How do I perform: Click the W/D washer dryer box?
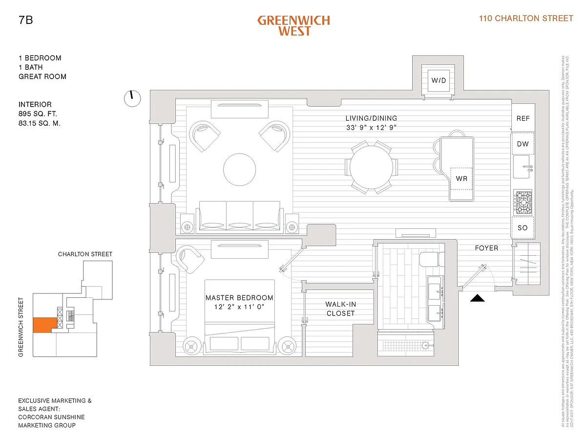click(438, 80)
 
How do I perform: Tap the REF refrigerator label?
click(523, 118)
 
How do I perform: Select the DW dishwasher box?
click(523, 144)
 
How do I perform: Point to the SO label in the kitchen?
click(523, 228)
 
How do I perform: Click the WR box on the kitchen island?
click(461, 178)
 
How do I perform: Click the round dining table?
click(371, 168)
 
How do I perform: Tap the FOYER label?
click(486, 248)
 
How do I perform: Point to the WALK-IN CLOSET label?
click(340, 309)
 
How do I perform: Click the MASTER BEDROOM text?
click(239, 298)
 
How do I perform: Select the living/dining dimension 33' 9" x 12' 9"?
click(371, 128)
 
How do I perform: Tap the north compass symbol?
click(131, 98)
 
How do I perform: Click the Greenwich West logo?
click(293, 25)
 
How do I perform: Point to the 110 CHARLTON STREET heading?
click(526, 19)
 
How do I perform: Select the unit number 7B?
click(26, 21)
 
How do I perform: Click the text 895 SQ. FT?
click(41, 114)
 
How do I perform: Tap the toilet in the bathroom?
click(432, 260)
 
